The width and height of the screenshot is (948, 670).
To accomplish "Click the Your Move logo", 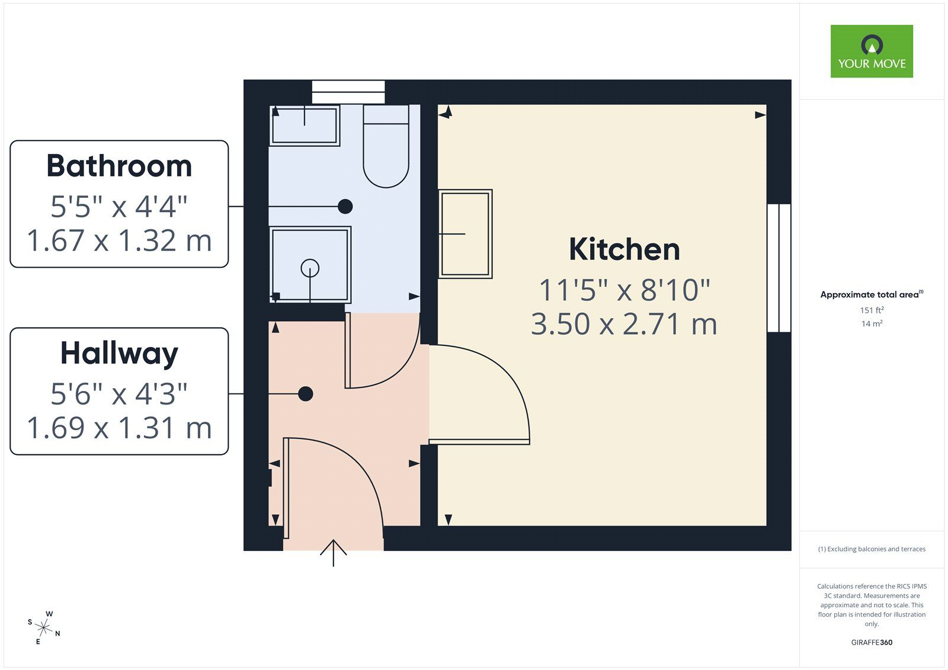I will point(871,52).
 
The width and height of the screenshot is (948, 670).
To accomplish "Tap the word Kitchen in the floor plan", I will point(624,249).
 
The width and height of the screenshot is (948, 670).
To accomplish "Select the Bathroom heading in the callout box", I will point(119,166).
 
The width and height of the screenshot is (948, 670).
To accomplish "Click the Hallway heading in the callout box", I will point(119,354).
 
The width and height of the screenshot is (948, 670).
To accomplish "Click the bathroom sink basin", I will point(305,125).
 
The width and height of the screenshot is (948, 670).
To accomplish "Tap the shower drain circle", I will point(310,268).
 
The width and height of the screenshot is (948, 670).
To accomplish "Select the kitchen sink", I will point(465,233).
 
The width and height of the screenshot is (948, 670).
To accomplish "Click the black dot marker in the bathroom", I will point(345,206).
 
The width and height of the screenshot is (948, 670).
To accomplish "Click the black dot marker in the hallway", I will point(306,393).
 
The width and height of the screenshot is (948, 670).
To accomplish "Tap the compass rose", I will point(44,627).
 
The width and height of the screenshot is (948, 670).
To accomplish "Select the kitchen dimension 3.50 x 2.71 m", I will point(624,324).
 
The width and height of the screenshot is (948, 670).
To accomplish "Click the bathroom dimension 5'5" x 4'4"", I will point(119,207).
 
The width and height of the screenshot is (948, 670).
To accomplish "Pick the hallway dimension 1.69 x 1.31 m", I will point(119,428).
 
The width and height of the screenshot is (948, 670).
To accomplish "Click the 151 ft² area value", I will point(872,310).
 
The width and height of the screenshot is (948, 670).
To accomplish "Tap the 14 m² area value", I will point(872,323).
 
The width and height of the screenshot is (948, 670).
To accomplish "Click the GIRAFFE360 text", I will point(872,642).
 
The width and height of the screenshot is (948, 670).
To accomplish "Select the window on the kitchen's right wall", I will point(779,268).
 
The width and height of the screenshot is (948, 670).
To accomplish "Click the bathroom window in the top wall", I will point(348,92).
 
